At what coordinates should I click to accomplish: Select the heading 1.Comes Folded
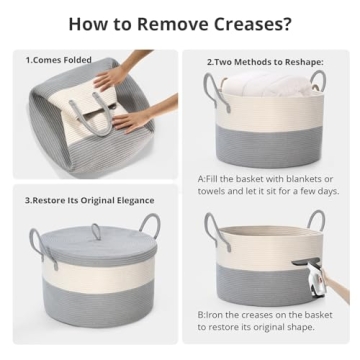click(x=58, y=60)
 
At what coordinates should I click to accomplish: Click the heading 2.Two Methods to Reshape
click(x=268, y=62)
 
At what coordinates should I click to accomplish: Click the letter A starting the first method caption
click(x=201, y=177)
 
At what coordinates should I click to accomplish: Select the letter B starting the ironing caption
click(x=201, y=314)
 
